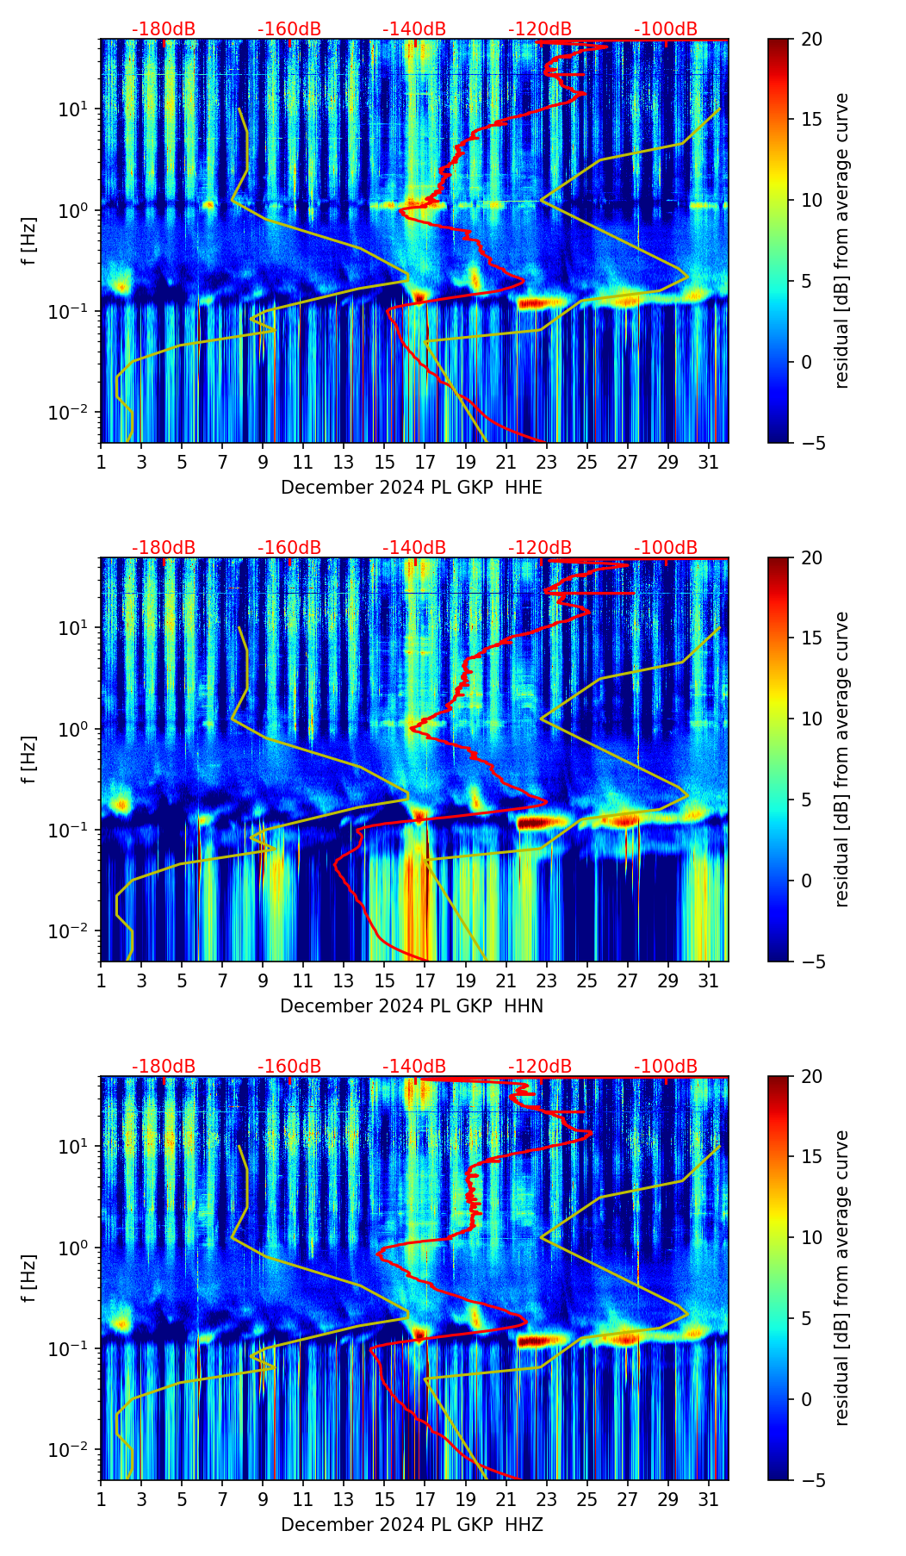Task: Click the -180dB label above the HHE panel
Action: [164, 29]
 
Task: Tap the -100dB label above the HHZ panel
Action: [666, 1067]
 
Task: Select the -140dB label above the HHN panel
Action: [414, 548]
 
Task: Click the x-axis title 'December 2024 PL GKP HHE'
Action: [412, 488]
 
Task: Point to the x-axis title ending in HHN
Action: [412, 1006]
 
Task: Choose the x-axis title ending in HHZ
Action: [412, 1525]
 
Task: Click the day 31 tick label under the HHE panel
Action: [709, 463]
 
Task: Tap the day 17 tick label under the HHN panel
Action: [425, 981]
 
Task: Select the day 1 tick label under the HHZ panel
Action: [101, 1500]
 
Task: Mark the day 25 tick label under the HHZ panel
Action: [586, 1500]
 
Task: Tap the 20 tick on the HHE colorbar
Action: [810, 39]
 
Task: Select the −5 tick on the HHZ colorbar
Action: [810, 1480]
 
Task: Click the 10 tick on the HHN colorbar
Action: [810, 719]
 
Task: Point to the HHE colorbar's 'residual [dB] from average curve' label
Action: [842, 240]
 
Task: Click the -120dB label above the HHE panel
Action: [540, 29]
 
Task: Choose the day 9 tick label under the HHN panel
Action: [263, 981]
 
